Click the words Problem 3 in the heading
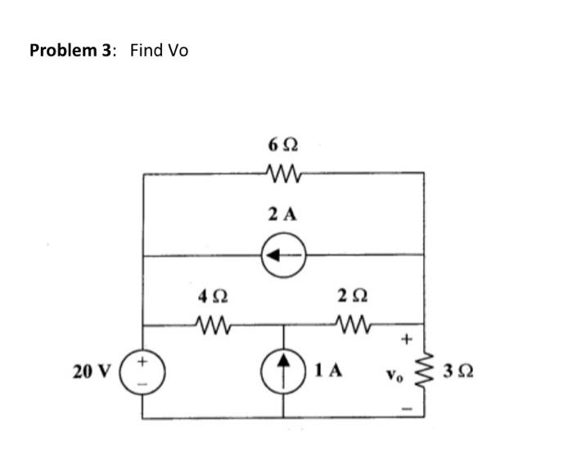68,51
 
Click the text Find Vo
159,51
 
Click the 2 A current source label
282,214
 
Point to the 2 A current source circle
284,255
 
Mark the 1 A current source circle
284,371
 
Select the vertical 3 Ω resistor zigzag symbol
425,372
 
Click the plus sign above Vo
404,338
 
